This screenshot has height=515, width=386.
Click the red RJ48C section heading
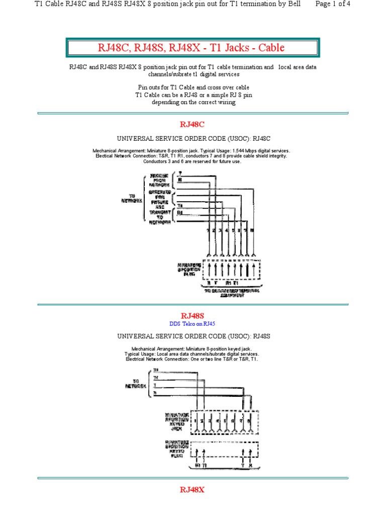[x=193, y=124]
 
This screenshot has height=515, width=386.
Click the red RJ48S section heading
[x=193, y=316]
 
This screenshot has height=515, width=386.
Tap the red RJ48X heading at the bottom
[x=193, y=489]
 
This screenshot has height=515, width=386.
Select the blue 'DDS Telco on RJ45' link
[x=193, y=324]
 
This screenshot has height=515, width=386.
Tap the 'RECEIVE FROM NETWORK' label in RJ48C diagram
[x=162, y=180]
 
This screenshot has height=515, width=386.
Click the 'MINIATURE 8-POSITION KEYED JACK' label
[x=177, y=421]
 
